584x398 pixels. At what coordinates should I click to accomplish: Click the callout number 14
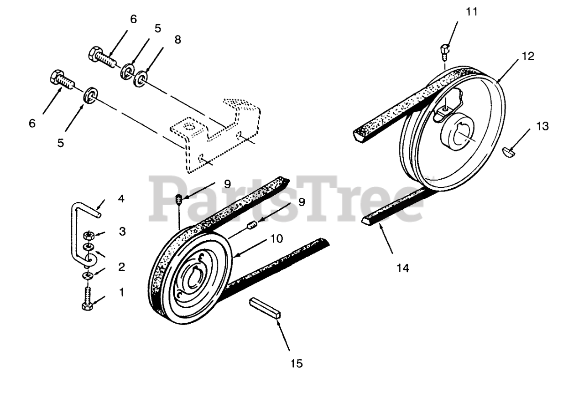pyautogui.click(x=402, y=268)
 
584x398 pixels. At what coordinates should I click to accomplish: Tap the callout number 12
pyautogui.click(x=528, y=57)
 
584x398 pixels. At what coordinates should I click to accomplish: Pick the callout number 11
pyautogui.click(x=472, y=12)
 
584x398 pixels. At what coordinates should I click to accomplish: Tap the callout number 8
pyautogui.click(x=177, y=40)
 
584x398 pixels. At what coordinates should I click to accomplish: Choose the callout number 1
pyautogui.click(x=122, y=292)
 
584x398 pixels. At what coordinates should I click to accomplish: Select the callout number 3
pyautogui.click(x=122, y=231)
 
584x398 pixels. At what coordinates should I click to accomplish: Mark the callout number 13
pyautogui.click(x=542, y=125)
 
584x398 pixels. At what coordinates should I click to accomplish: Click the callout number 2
pyautogui.click(x=122, y=267)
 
